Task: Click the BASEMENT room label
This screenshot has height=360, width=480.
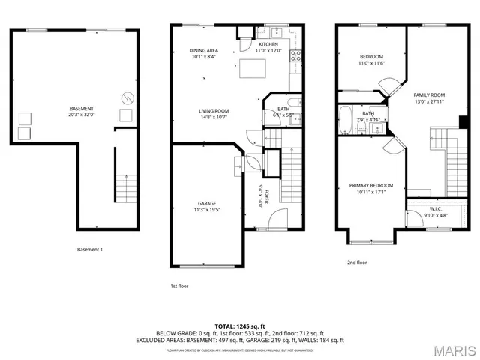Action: coord(82,109)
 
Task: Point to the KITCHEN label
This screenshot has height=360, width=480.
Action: coord(268,44)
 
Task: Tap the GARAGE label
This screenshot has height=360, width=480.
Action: coord(207,203)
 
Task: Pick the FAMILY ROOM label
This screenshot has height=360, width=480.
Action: coord(429,94)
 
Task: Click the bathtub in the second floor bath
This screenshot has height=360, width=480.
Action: coord(345,118)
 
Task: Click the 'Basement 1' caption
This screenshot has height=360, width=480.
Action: coord(90,249)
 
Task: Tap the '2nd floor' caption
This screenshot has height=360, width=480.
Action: coord(357,262)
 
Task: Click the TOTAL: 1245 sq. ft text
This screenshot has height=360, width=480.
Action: coord(238,325)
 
